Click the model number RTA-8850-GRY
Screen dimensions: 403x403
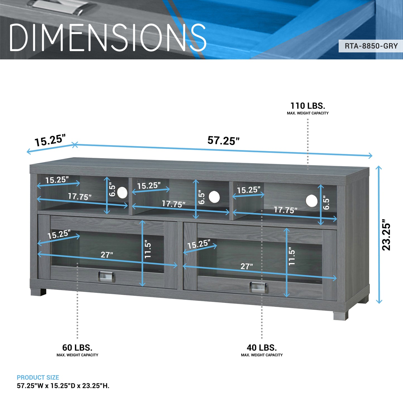[371, 46]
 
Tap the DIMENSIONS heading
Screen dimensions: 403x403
[108, 37]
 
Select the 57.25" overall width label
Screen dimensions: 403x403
[223, 141]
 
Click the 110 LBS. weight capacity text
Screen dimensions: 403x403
[308, 106]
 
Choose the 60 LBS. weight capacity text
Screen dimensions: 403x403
[77, 348]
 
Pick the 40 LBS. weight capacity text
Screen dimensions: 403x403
[262, 348]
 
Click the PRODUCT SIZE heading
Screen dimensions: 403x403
[38, 378]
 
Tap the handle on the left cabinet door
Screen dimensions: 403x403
[107, 276]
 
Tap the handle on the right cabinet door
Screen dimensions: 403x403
[259, 288]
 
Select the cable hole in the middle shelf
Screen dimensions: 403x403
[214, 197]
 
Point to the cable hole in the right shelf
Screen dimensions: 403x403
[312, 201]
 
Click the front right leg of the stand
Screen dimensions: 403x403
[341, 315]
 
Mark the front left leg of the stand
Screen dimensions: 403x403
[38, 292]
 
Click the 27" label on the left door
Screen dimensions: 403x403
[107, 255]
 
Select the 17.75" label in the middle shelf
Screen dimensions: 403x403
[173, 204]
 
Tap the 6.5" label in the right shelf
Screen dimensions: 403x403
[326, 204]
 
